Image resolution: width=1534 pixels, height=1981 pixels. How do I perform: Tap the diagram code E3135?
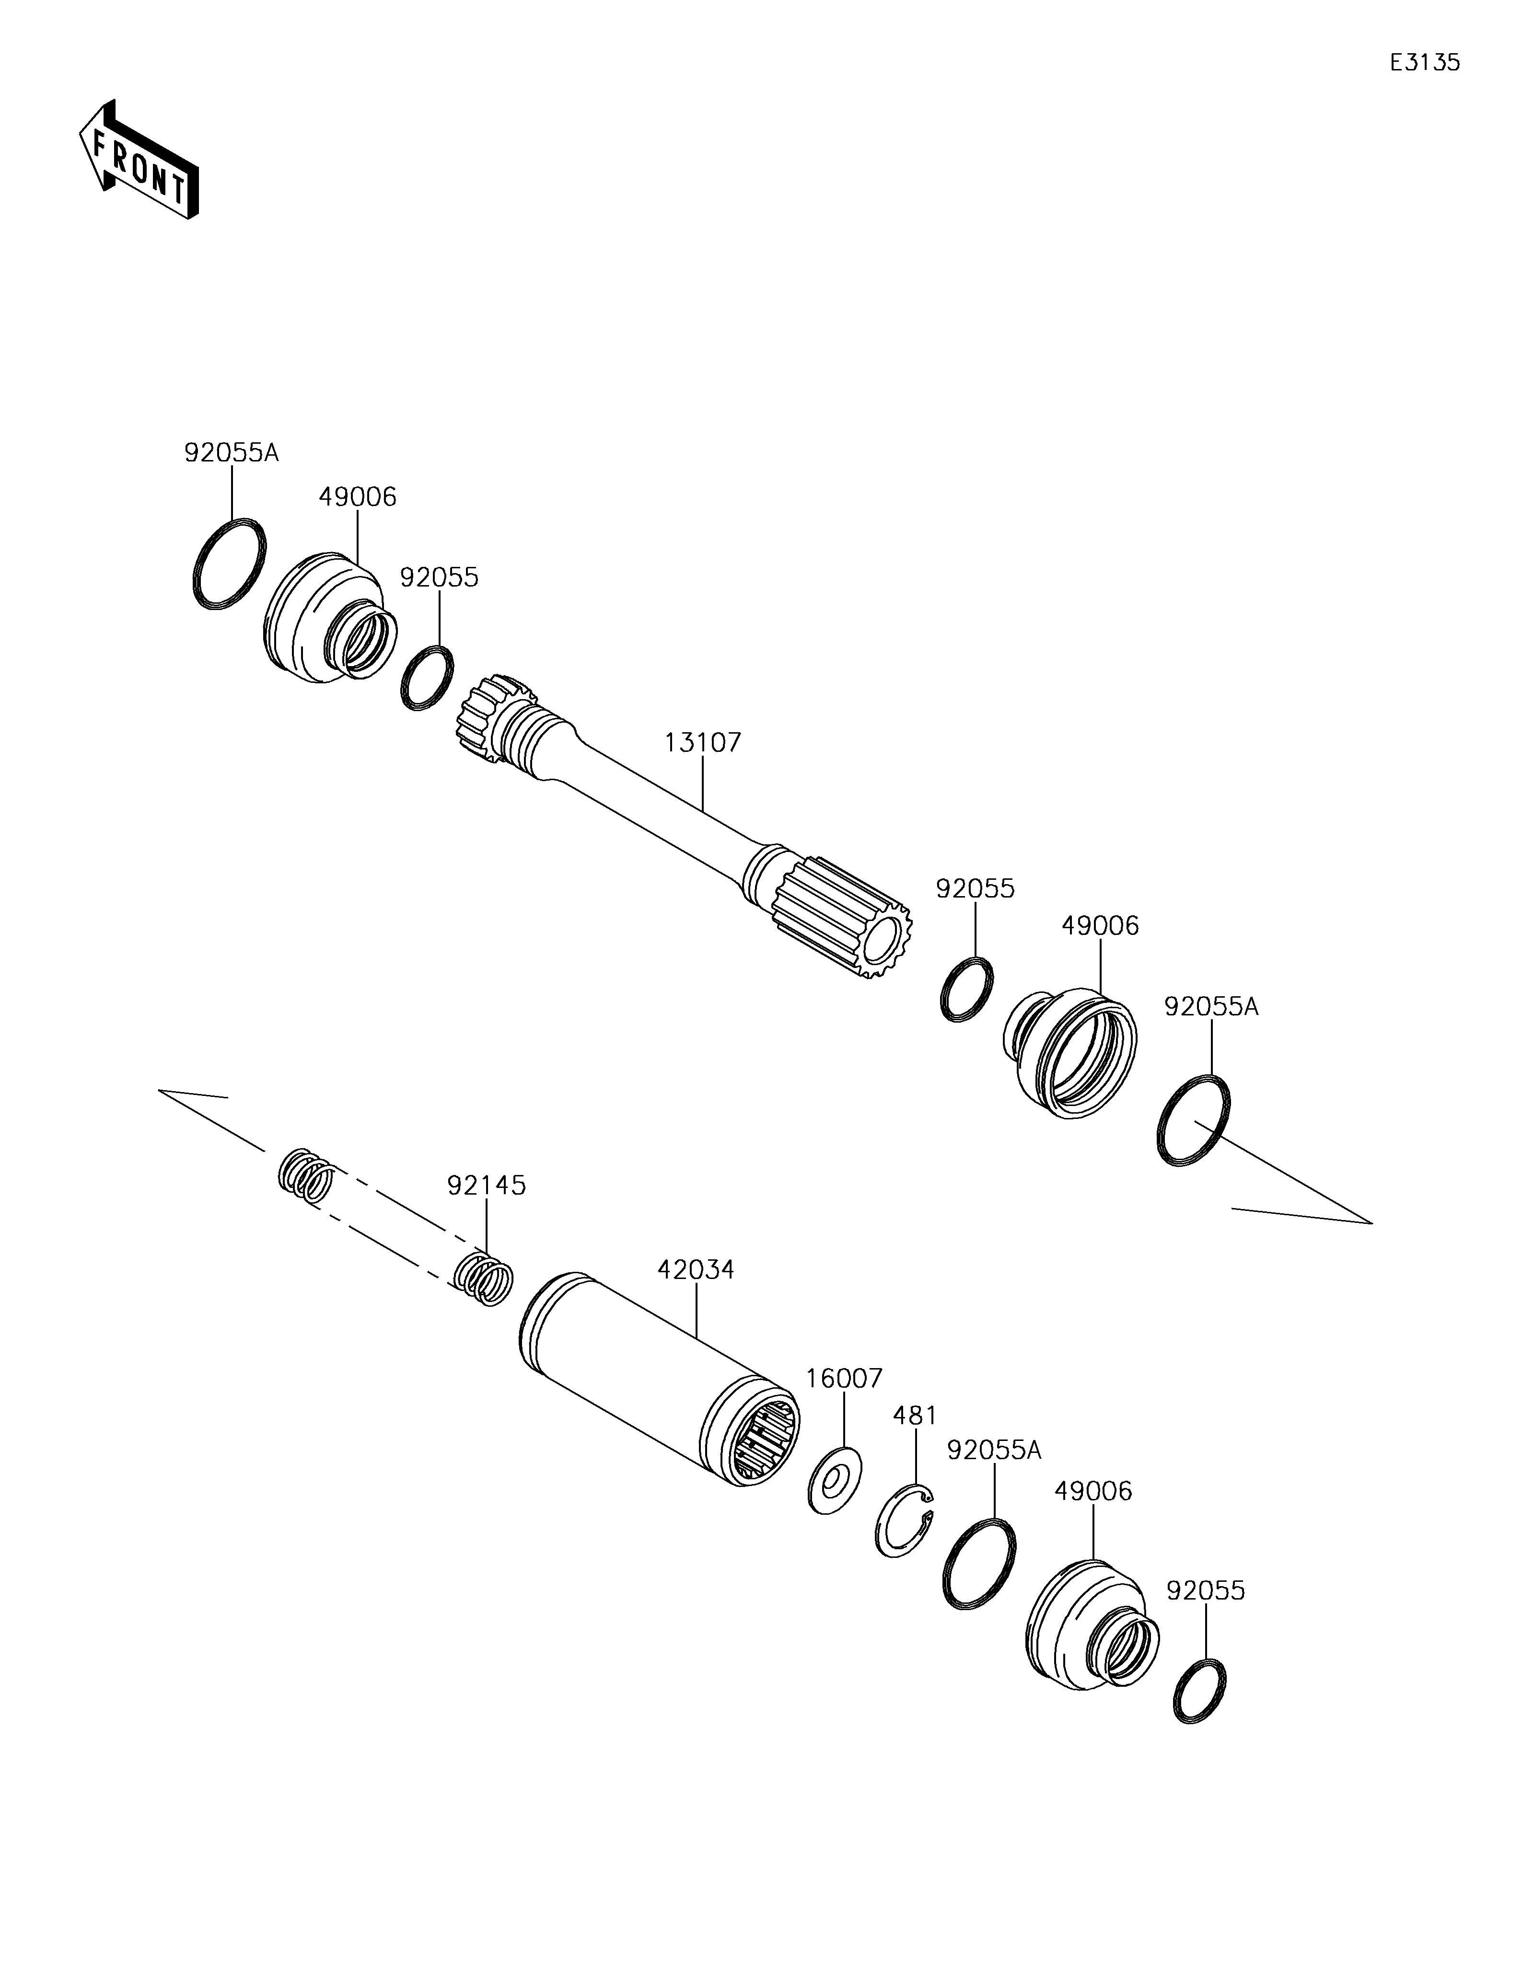(1425, 63)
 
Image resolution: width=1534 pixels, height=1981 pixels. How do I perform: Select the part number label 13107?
(703, 743)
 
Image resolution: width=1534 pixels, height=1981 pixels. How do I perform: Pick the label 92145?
(486, 1186)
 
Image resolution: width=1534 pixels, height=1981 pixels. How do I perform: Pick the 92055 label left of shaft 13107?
(440, 578)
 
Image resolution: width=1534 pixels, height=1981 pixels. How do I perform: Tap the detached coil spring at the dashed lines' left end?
(306, 1175)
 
